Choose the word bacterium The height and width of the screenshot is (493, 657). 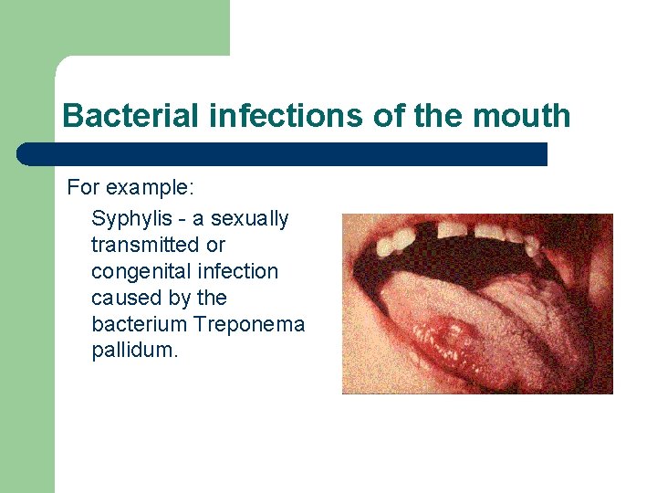(x=139, y=324)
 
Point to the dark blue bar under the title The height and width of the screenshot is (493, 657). (x=283, y=154)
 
